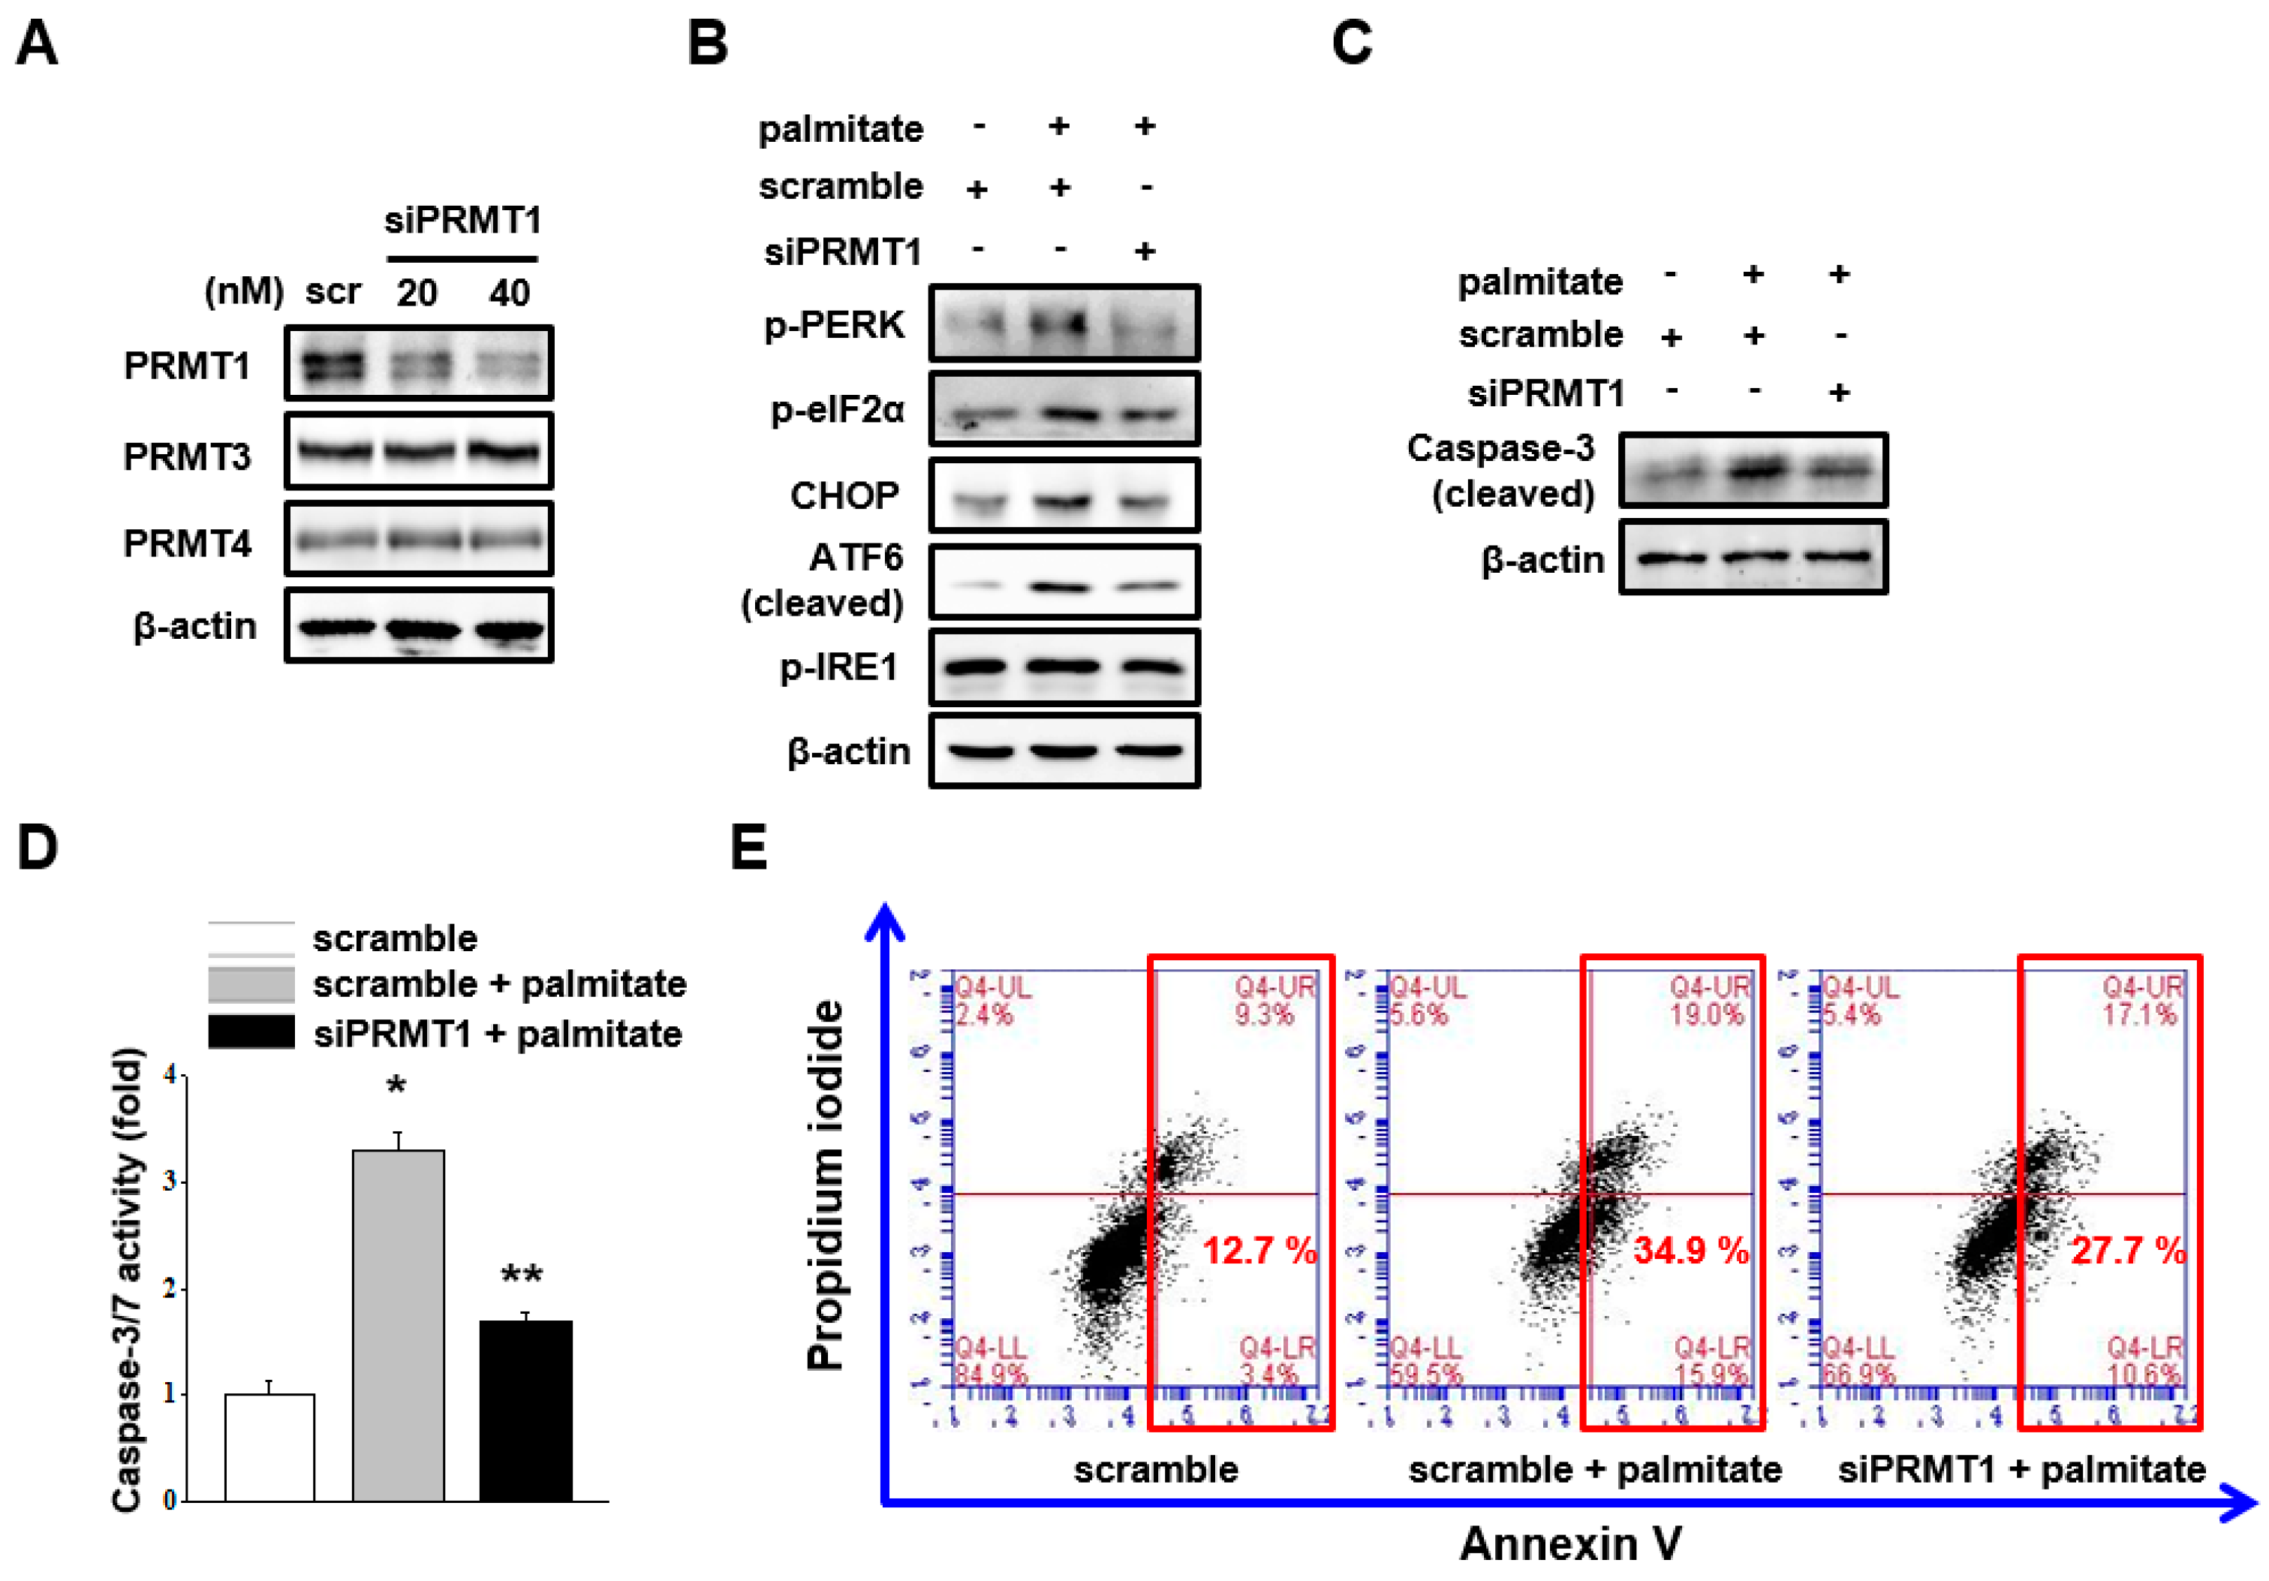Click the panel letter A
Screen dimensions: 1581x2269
pos(37,44)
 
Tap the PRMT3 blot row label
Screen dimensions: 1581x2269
pos(187,456)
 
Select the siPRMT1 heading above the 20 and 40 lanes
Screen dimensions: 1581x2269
pos(462,219)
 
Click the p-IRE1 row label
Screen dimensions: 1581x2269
pos(839,667)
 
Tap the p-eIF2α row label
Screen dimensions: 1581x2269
pos(837,409)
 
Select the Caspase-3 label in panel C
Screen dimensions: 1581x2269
pos(1500,449)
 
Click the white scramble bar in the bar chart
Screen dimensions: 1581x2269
pos(269,1447)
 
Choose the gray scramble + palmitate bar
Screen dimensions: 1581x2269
pos(399,1325)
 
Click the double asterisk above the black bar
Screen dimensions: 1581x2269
pos(521,1275)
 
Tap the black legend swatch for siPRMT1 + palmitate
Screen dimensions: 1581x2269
pos(251,1032)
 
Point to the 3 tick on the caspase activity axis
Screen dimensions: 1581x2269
pos(170,1181)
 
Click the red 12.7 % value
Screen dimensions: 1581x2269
pos(1259,1251)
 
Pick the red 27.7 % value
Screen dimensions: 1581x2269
pos(2128,1251)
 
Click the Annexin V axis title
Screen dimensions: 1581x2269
pos(1570,1543)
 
